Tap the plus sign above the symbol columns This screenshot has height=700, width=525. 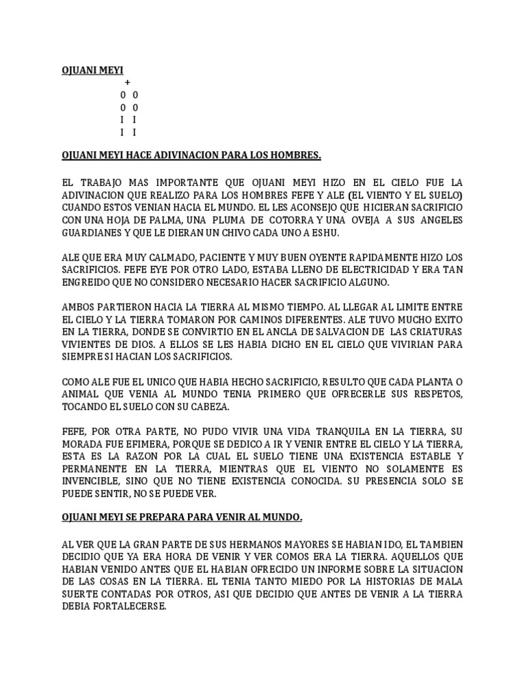point(128,83)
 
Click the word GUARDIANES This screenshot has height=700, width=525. point(93,232)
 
